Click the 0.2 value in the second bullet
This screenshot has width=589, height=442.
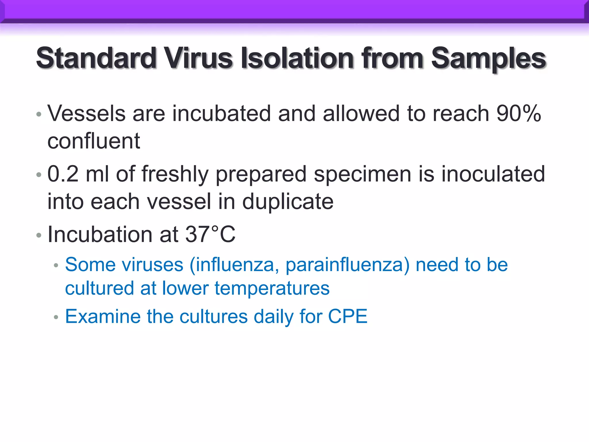pyautogui.click(x=63, y=174)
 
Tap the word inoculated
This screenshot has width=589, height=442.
pyautogui.click(x=493, y=174)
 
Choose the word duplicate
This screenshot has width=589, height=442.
pyautogui.click(x=288, y=201)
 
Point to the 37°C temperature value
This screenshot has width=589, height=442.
pyautogui.click(x=210, y=234)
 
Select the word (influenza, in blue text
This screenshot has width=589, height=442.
pyautogui.click(x=234, y=264)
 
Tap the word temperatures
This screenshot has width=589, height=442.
pyautogui.click(x=272, y=288)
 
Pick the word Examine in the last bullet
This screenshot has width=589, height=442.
pyautogui.click(x=103, y=316)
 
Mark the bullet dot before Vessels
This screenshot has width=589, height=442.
pyautogui.click(x=39, y=115)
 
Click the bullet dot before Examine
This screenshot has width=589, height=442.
pyautogui.click(x=56, y=317)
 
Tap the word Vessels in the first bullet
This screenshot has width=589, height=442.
pyautogui.click(x=86, y=113)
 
